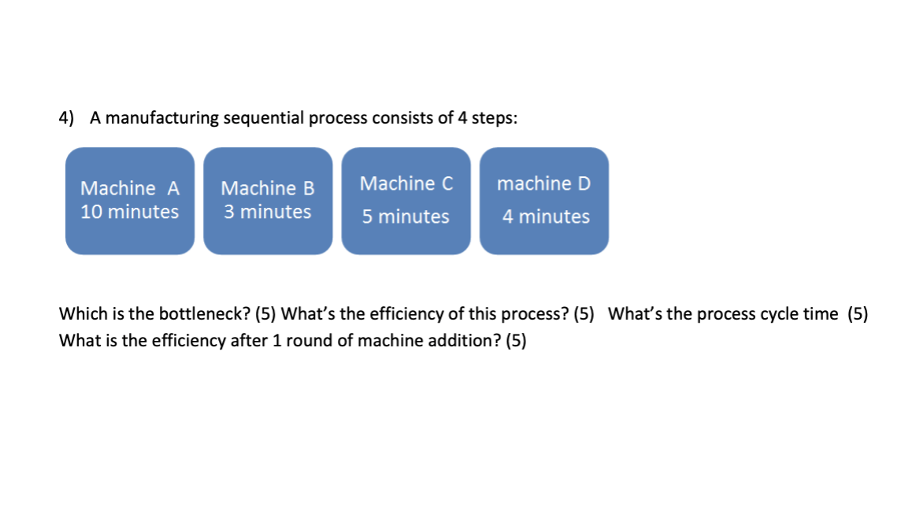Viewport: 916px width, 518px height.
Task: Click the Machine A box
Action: (130, 201)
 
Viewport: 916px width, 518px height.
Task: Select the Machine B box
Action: (268, 201)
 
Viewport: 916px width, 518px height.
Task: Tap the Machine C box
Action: (406, 201)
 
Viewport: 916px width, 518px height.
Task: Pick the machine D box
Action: (544, 201)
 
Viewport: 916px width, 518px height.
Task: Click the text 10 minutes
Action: (130, 212)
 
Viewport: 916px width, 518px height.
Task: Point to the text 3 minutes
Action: (268, 212)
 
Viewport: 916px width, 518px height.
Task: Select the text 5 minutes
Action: (406, 216)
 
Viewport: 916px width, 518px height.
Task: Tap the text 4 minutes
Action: (546, 216)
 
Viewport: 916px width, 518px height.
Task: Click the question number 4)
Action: (67, 118)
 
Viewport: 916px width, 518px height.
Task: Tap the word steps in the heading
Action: (495, 118)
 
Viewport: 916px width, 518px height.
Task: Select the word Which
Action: (80, 314)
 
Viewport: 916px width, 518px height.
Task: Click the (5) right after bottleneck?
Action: (265, 314)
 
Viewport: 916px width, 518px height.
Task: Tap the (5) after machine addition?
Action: (515, 342)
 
